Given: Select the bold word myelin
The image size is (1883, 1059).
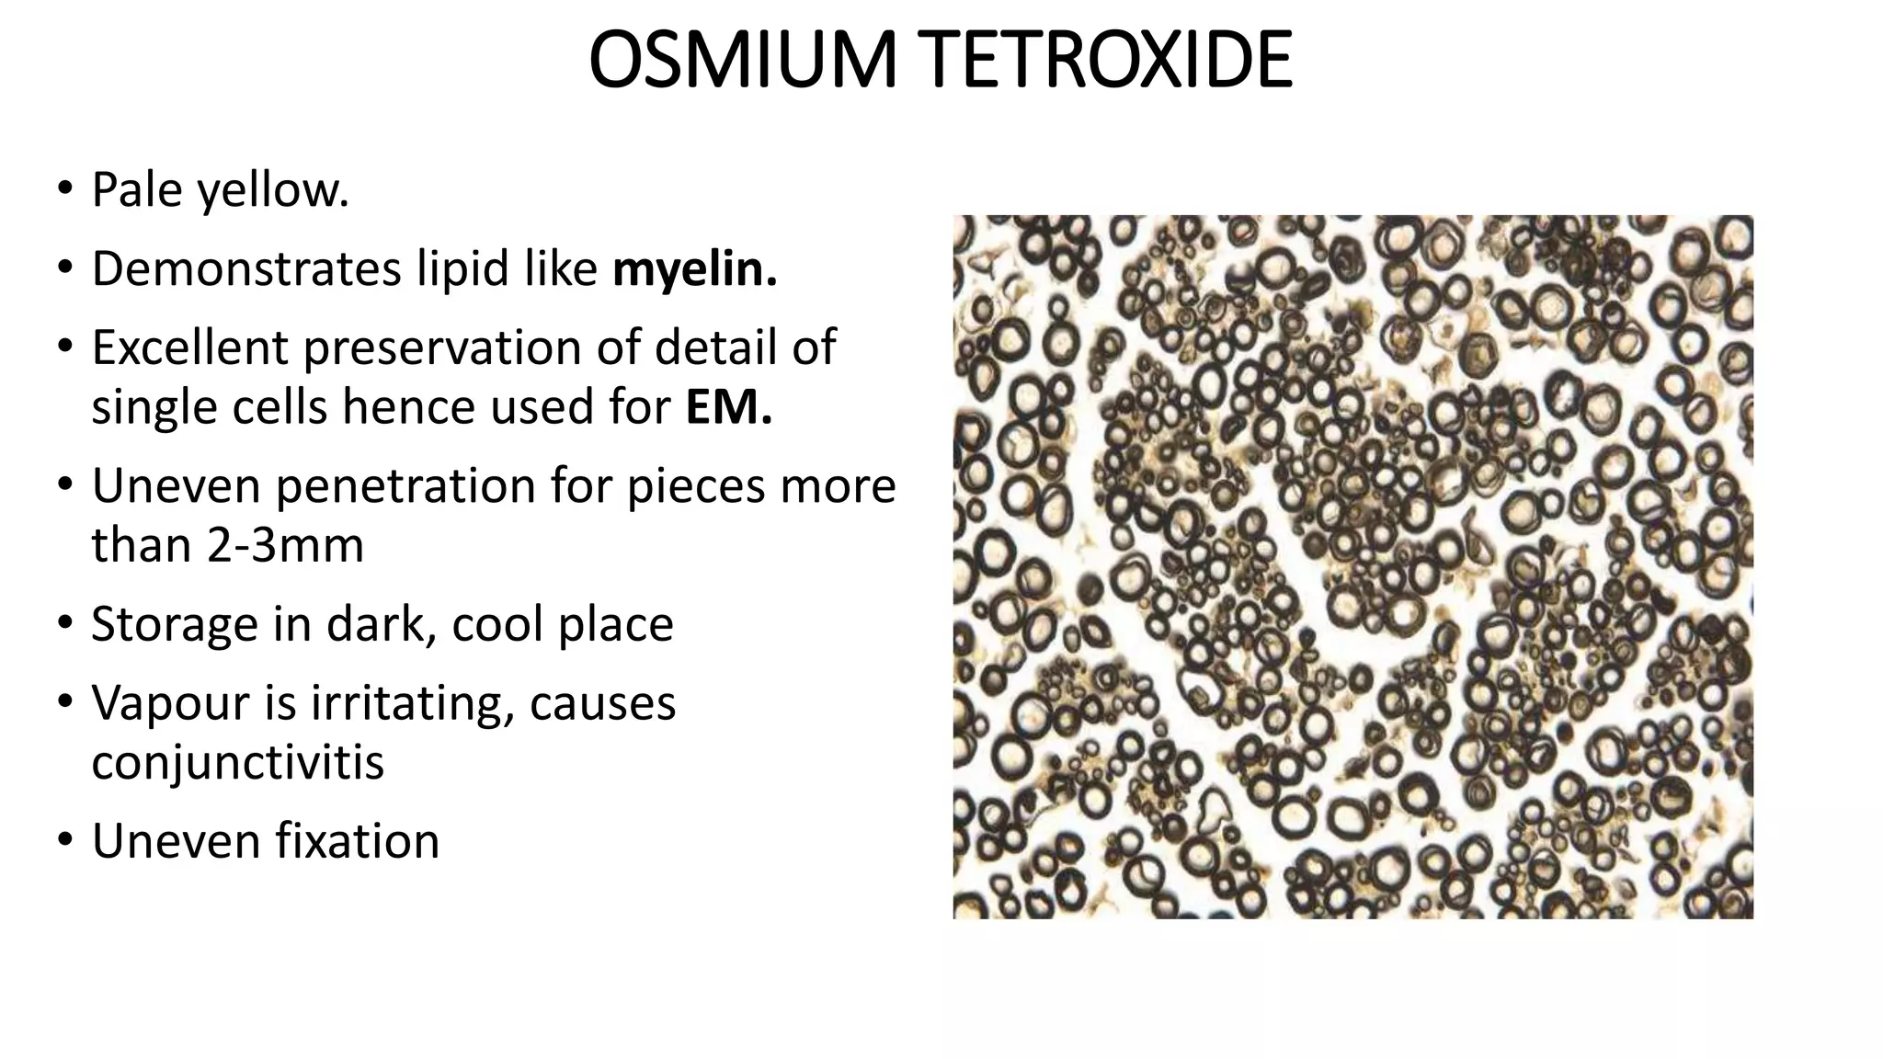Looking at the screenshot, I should (x=694, y=269).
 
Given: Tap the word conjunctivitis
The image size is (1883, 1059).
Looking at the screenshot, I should (x=237, y=762).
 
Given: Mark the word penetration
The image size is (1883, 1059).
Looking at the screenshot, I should (x=405, y=485).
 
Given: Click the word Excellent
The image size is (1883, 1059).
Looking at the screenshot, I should (x=189, y=347).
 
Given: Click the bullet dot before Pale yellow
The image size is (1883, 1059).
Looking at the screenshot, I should (x=63, y=188).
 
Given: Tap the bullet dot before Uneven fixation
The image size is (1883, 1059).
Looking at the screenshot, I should (x=63, y=839).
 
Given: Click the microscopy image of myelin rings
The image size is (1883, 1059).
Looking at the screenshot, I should (x=1352, y=566).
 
